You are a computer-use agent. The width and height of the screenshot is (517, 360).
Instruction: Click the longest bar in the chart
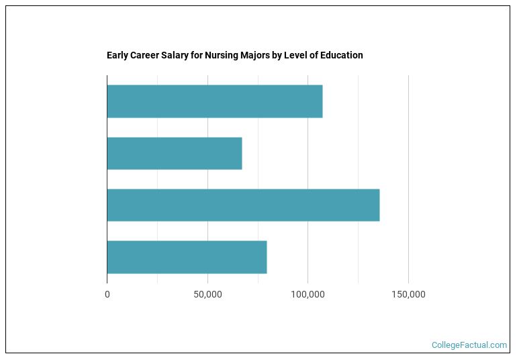243,205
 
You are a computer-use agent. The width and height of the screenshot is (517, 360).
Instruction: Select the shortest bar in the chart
175,153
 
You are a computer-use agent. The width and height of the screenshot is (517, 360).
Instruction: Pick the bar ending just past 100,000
215,101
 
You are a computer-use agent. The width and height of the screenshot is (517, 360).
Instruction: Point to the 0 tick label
107,295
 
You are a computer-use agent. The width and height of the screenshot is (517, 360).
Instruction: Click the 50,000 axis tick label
207,295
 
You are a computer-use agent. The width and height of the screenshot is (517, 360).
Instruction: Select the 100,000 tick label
308,295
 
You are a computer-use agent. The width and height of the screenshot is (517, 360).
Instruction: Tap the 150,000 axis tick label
408,295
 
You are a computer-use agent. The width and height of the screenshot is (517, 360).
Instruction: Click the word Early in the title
117,55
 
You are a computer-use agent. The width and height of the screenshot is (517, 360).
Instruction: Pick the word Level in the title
296,55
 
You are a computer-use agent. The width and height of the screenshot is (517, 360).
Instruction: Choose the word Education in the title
341,55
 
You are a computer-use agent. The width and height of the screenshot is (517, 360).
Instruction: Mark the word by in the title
277,55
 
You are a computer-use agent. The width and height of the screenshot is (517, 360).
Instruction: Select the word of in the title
314,55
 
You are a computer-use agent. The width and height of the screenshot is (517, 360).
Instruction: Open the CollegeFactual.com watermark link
469,345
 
